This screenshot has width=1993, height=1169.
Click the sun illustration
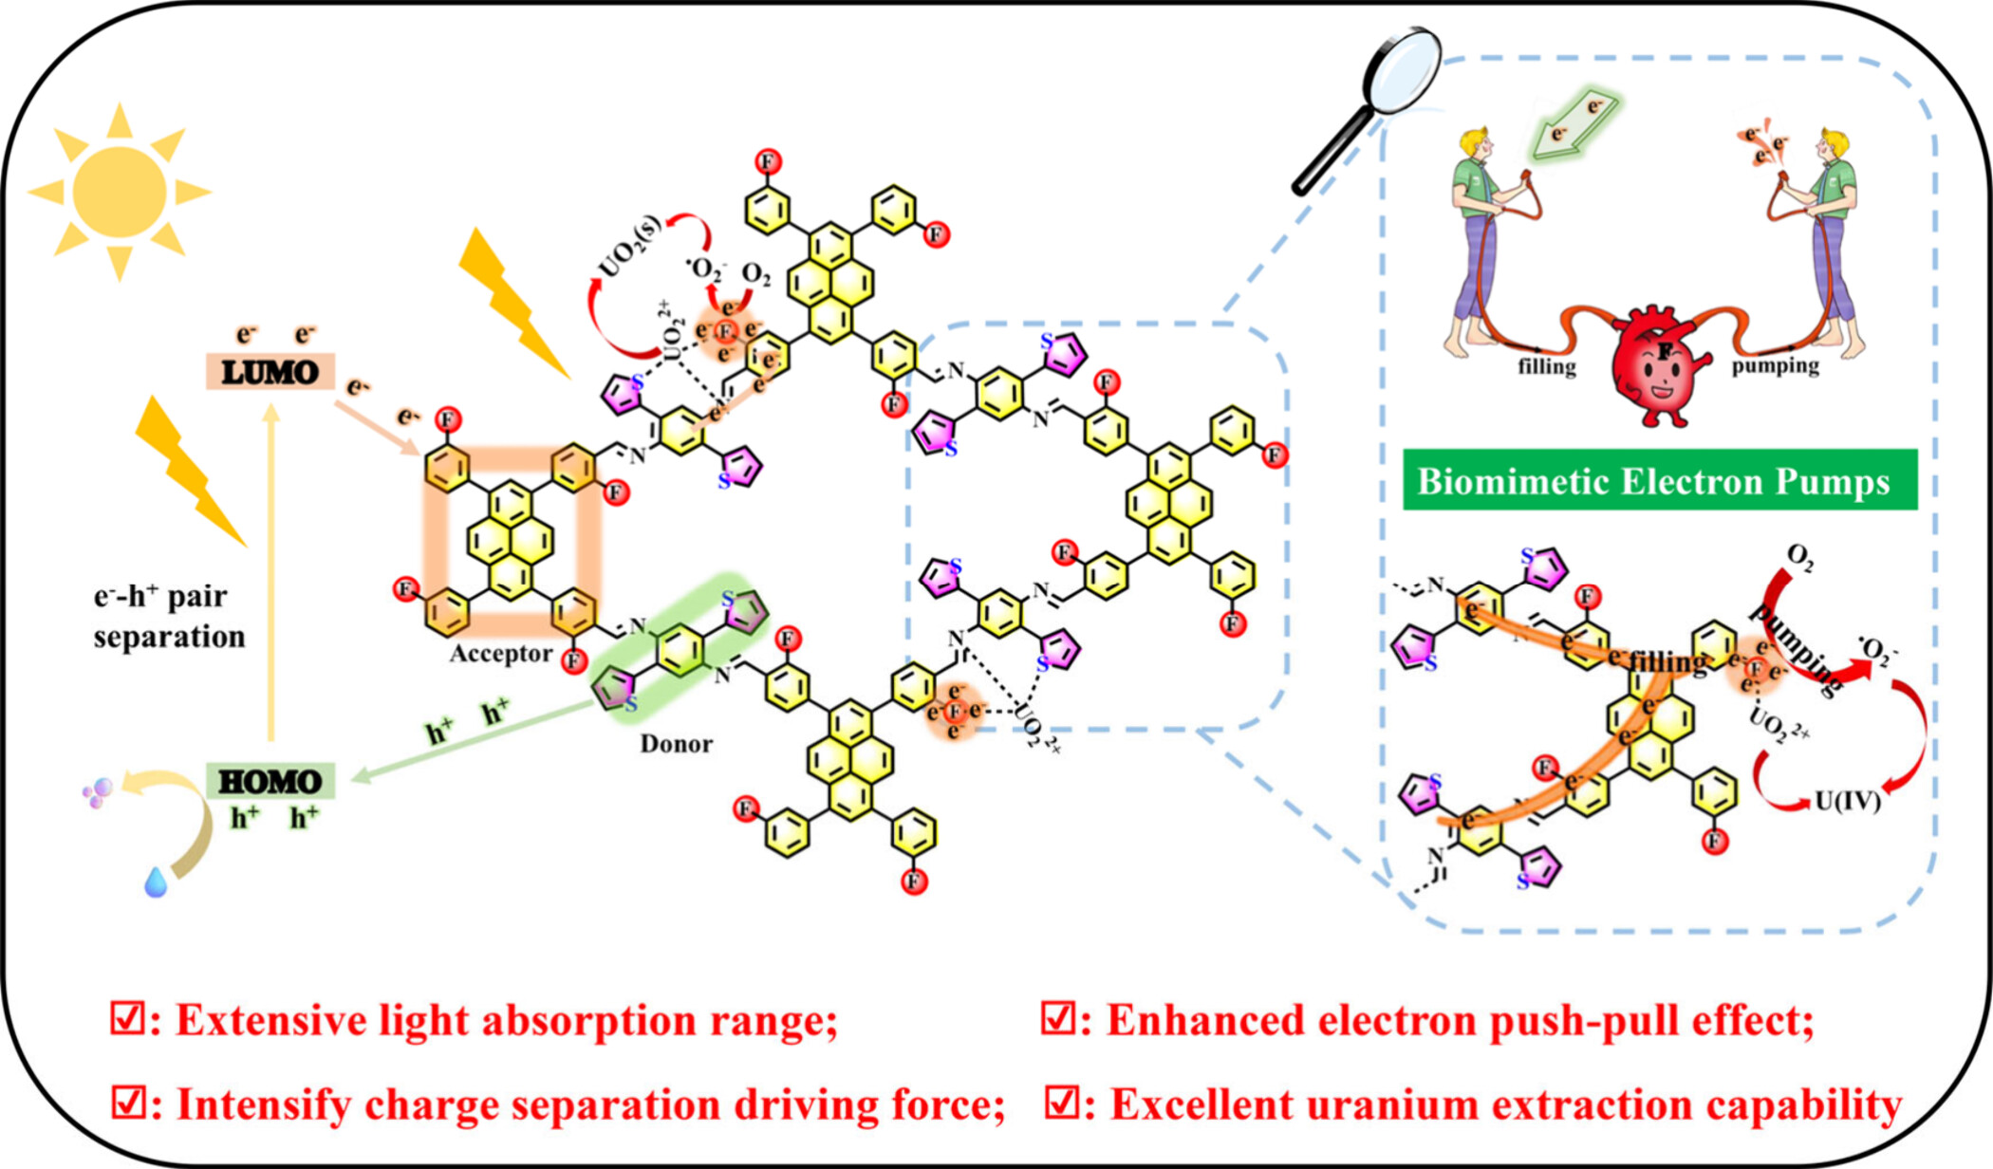[119, 193]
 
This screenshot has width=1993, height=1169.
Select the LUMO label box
[270, 372]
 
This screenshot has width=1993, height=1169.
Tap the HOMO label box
[270, 782]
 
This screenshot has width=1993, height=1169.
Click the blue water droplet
[156, 881]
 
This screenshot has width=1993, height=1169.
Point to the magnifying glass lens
[1402, 70]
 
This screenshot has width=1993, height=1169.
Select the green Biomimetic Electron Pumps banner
[1659, 480]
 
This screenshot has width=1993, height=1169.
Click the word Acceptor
[500, 654]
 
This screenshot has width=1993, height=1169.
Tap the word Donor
[676, 743]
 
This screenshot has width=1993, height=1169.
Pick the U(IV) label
[1847, 801]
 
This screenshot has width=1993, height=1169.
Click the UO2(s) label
[630, 246]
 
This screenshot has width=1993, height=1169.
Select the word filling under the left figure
[1546, 366]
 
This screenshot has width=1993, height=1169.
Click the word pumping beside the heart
[1775, 365]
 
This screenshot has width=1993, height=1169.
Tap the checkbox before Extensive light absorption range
[126, 1019]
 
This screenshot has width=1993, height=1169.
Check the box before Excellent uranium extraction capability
[1061, 1103]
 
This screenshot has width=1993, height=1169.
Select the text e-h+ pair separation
[168, 616]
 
